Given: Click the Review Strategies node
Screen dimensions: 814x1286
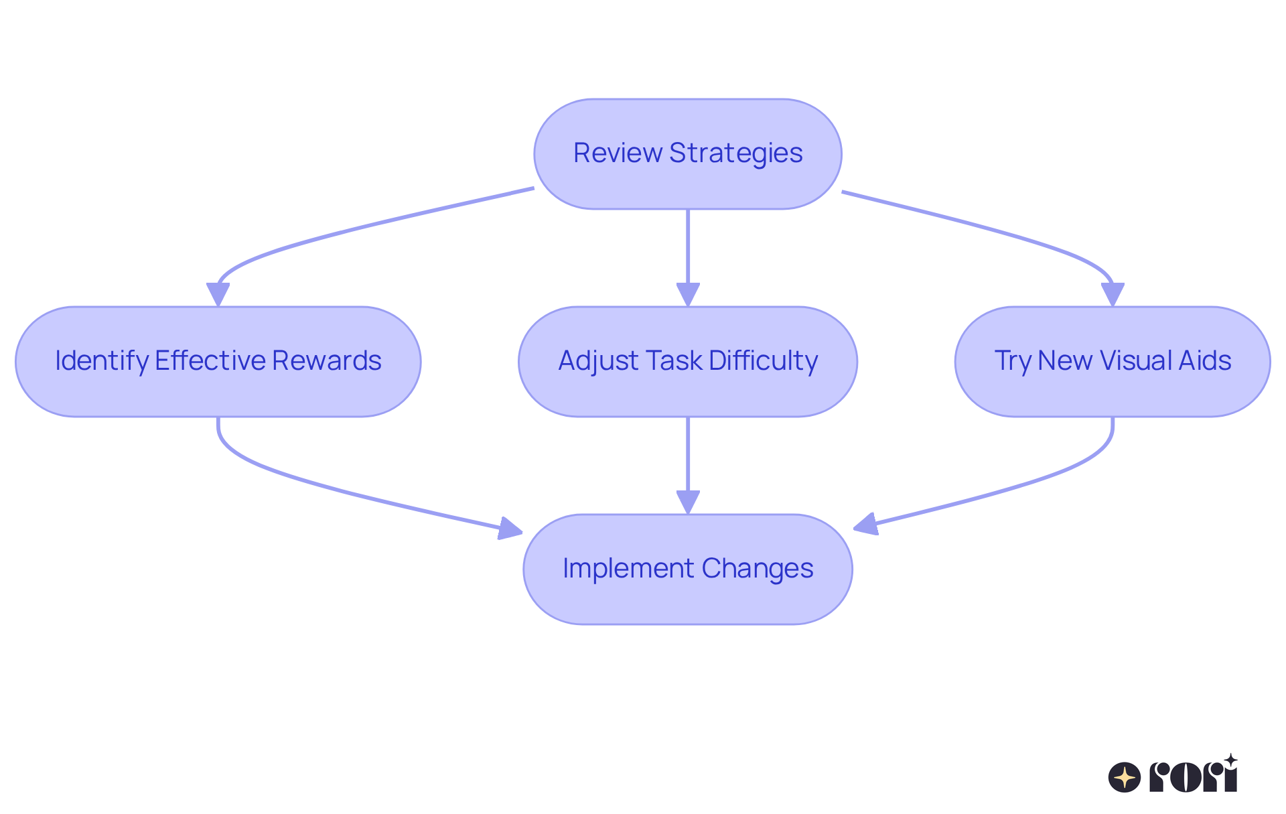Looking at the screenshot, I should tap(687, 154).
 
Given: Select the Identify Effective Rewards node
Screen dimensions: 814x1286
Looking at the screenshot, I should tap(218, 362).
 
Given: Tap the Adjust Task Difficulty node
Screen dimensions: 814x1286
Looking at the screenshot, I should tap(687, 362).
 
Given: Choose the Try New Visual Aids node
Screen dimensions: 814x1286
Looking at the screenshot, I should tap(1112, 362).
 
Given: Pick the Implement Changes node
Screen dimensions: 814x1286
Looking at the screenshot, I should tap(687, 569).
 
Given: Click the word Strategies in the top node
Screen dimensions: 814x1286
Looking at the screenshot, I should tap(735, 153).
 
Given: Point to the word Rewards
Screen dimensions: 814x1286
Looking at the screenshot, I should tap(327, 361).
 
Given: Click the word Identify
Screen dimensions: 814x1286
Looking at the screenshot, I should tap(102, 361).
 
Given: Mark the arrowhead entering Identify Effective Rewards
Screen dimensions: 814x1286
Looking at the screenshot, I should tap(218, 295).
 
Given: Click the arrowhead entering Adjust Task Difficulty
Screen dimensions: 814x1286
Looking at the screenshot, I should tap(688, 295).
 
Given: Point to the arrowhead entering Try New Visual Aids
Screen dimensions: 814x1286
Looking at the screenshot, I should tap(1112, 295).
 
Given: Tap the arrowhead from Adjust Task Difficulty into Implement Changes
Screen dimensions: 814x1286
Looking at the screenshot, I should tap(688, 502).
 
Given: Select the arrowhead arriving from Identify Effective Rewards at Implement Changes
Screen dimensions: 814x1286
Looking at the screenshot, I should tap(510, 529).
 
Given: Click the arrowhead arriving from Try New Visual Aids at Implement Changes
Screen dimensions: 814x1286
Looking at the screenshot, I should tap(866, 524).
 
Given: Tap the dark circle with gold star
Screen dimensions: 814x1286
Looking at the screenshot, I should tap(1125, 778).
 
